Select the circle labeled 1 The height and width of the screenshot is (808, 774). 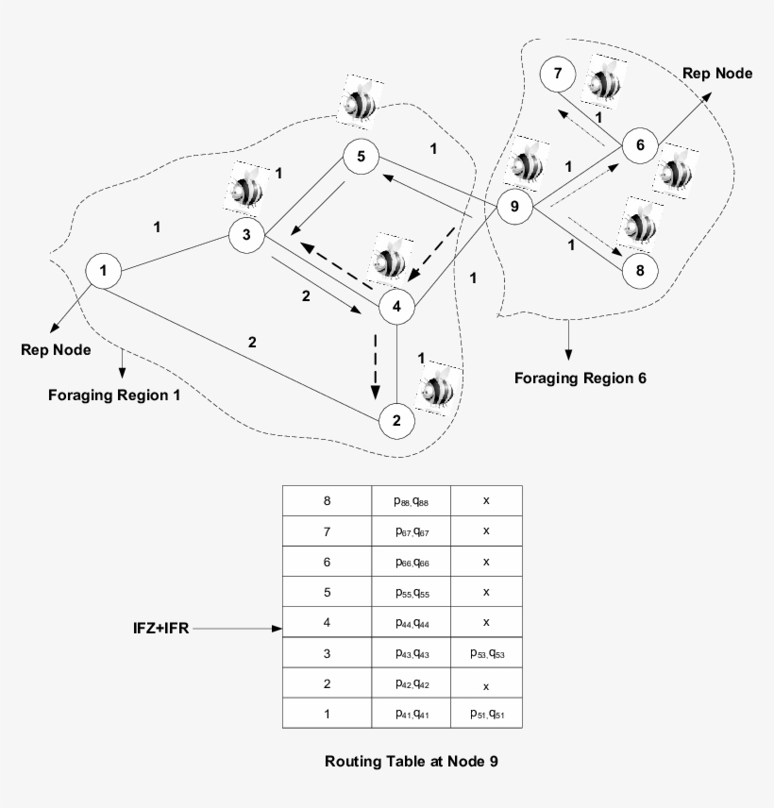click(103, 272)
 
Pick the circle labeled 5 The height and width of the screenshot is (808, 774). click(361, 156)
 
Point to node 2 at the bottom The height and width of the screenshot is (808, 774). click(397, 420)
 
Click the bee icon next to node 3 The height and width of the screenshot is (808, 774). click(248, 186)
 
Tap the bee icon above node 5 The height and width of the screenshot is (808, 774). click(360, 102)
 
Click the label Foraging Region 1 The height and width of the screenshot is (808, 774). click(114, 396)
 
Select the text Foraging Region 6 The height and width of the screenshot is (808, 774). click(580, 379)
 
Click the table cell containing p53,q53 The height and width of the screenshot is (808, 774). click(485, 653)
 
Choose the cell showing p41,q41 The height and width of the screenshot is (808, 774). click(412, 714)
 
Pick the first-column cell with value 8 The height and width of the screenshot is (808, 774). click(327, 501)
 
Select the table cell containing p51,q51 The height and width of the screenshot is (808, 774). click(485, 714)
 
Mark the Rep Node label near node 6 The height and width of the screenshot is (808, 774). click(718, 74)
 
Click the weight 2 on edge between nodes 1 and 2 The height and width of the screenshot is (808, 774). click(252, 342)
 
